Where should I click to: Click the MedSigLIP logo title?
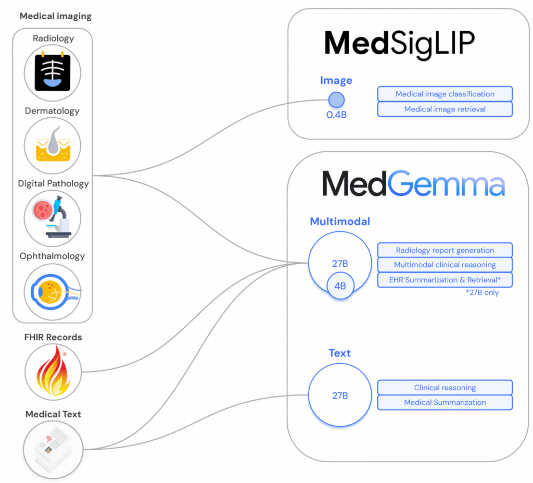pos(399,44)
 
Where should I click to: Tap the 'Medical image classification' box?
pos(445,94)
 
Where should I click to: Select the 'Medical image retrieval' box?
pos(445,109)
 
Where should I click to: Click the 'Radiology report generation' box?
pos(445,250)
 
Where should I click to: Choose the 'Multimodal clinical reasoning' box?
pos(445,265)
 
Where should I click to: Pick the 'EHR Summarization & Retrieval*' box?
pos(445,280)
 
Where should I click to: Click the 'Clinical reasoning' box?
pos(445,388)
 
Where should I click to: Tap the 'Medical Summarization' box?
pos(445,402)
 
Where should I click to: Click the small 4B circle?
pos(340,286)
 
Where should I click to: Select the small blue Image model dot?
pos(337,100)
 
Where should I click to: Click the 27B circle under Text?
pos(340,395)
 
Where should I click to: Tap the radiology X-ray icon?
pos(53,73)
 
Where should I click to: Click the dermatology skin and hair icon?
pos(53,145)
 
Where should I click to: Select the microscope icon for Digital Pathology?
pos(53,218)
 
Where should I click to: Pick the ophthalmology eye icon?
pos(53,291)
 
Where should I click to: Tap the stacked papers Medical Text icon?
pos(53,449)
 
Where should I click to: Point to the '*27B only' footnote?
pos(482,292)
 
